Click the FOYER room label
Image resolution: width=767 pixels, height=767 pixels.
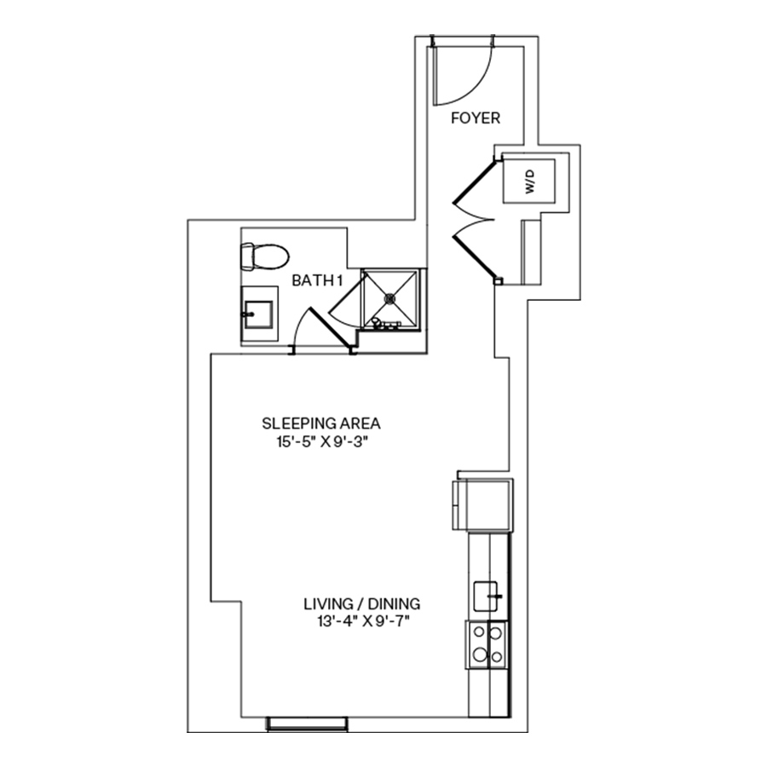[x=476, y=118]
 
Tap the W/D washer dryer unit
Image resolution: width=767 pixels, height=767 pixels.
[x=529, y=180]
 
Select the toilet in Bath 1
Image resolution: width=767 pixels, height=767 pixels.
[x=265, y=255]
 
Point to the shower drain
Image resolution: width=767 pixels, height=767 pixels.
[x=391, y=298]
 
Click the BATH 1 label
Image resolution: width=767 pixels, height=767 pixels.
[x=317, y=280]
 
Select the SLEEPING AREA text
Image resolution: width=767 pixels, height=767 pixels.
[x=320, y=423]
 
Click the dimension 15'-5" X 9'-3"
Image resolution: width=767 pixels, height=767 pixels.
[x=320, y=441]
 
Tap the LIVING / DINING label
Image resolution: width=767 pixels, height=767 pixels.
[x=362, y=603]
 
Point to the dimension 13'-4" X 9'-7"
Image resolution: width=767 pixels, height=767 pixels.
[x=362, y=621]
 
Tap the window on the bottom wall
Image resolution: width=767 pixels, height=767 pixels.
[x=307, y=724]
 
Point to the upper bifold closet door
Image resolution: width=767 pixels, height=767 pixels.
[x=471, y=182]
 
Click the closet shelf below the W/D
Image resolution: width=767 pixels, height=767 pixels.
[x=528, y=251]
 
